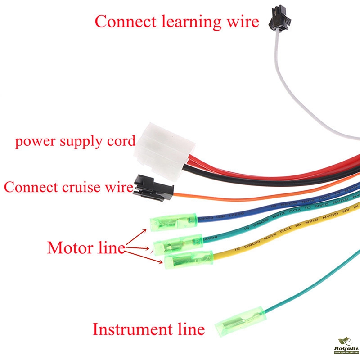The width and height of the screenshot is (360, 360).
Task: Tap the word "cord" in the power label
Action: (120, 141)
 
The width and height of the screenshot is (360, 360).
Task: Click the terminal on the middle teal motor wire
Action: (178, 243)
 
